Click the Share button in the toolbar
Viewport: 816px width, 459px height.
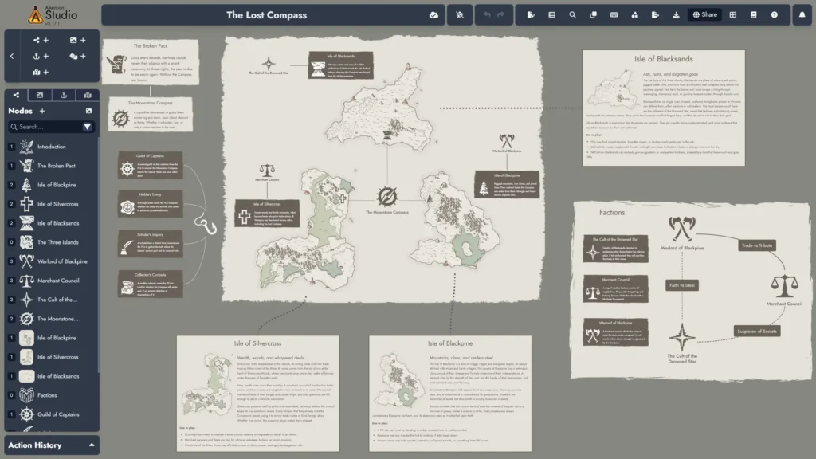[x=704, y=14]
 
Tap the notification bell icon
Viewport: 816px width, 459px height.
[x=802, y=14]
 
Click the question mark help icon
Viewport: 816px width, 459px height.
[x=774, y=14]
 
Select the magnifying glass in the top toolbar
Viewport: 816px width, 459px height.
[x=572, y=14]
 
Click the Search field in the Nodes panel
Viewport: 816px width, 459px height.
[x=46, y=127]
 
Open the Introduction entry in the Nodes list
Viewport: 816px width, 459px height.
[x=52, y=147]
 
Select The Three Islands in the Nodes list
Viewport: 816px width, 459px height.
[x=57, y=242]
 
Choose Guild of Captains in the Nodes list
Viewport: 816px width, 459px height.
[x=59, y=414]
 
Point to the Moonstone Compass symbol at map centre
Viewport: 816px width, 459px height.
[x=387, y=196]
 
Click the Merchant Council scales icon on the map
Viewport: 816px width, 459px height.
[x=267, y=172]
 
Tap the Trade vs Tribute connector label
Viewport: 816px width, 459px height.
[x=755, y=245]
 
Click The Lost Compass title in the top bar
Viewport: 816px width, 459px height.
[x=266, y=15]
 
